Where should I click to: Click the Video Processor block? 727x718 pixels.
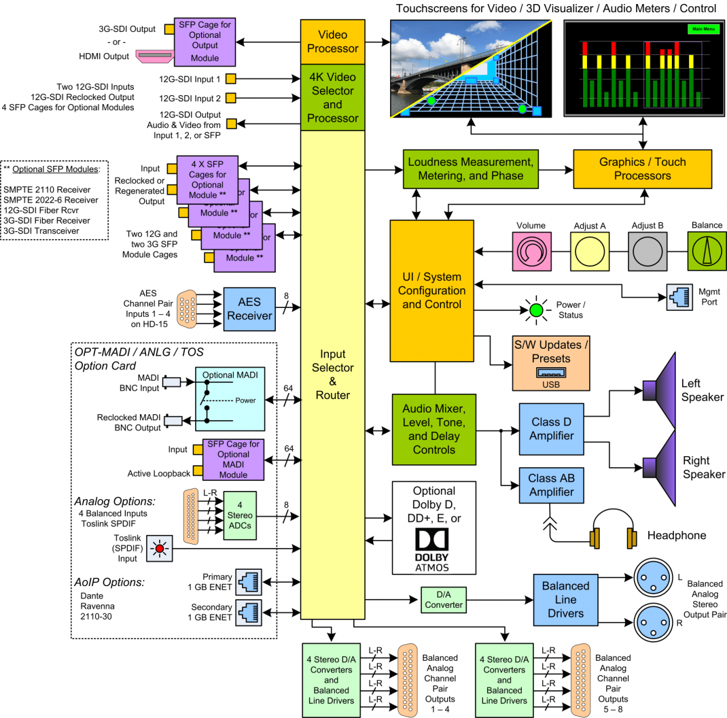pyautogui.click(x=332, y=41)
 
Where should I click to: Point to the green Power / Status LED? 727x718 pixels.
pyautogui.click(x=536, y=311)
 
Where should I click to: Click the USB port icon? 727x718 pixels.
pyautogui.click(x=551, y=373)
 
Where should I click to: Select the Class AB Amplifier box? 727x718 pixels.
pyautogui.click(x=551, y=485)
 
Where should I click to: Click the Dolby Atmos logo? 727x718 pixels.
pyautogui.click(x=433, y=549)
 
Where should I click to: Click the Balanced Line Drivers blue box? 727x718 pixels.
pyautogui.click(x=565, y=600)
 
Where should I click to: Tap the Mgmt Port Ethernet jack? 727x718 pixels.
pyautogui.click(x=677, y=298)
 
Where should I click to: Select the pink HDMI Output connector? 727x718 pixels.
pyautogui.click(x=154, y=56)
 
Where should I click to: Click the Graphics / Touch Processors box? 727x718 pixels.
pyautogui.click(x=642, y=169)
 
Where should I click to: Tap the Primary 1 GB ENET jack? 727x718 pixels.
pyautogui.click(x=247, y=581)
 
